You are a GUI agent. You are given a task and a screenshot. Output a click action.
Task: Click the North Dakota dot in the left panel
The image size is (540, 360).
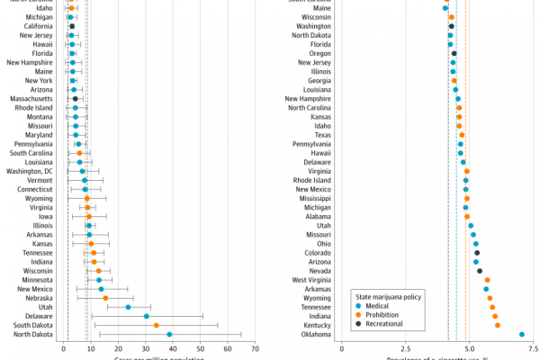[169, 334]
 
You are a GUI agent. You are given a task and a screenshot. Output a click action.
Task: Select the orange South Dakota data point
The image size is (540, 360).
[157, 325]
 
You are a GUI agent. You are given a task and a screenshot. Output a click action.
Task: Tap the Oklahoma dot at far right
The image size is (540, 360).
[522, 334]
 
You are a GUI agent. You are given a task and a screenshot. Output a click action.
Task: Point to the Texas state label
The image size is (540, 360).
[315, 134]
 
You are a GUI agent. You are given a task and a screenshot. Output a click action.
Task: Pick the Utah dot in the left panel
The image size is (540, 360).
[128, 307]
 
